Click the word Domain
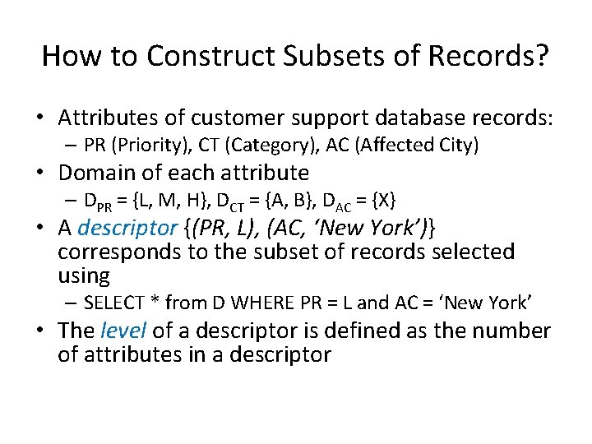[100, 173]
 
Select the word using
[84, 275]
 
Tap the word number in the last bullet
[514, 331]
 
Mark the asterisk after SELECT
[153, 301]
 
